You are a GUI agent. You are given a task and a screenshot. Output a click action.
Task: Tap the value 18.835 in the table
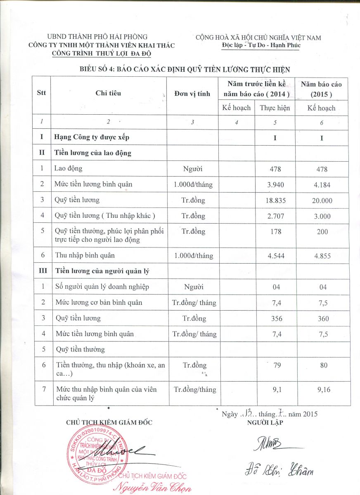(275, 200)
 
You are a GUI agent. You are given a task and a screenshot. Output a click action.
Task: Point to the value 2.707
(275, 216)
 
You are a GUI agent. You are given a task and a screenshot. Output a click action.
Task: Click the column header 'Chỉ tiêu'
(108, 93)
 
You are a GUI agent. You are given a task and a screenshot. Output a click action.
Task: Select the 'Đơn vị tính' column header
(192, 94)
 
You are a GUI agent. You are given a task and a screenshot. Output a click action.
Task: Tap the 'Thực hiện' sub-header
(275, 108)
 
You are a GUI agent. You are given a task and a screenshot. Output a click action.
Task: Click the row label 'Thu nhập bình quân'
(82, 255)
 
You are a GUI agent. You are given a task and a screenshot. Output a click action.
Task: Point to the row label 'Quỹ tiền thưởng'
(80, 349)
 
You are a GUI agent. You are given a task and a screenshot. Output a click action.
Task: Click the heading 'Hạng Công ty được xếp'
(95, 137)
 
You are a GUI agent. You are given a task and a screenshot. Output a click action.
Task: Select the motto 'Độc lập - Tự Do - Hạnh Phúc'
(258, 45)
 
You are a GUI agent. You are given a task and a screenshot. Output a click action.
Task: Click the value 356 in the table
(275, 318)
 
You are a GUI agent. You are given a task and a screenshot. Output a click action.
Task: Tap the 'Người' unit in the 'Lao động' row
(193, 169)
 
